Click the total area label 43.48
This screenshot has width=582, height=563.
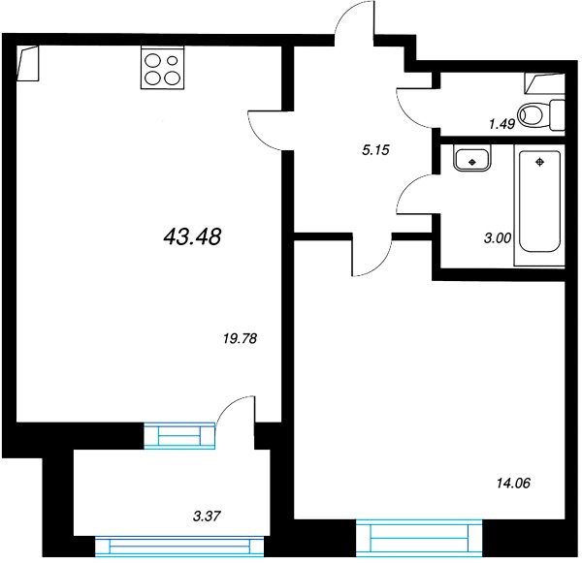click(192, 236)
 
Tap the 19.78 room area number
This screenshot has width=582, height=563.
click(241, 338)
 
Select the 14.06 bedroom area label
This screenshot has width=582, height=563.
click(513, 483)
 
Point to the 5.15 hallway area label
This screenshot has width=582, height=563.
click(375, 150)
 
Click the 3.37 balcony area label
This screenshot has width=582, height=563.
click(208, 516)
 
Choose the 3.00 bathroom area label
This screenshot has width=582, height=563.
click(498, 237)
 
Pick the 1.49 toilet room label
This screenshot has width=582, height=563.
click(502, 124)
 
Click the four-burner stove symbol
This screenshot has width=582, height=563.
click(163, 68)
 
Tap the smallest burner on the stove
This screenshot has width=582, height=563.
click(173, 60)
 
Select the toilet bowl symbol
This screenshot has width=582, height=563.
click(541, 114)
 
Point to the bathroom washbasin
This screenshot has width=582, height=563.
click(472, 158)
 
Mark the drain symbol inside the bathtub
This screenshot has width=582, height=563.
click(539, 162)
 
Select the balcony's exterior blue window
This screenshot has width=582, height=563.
click(179, 547)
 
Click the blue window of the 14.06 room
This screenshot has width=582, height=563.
click(419, 538)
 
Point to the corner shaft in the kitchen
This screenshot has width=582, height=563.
click(28, 63)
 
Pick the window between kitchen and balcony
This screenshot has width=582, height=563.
click(179, 436)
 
